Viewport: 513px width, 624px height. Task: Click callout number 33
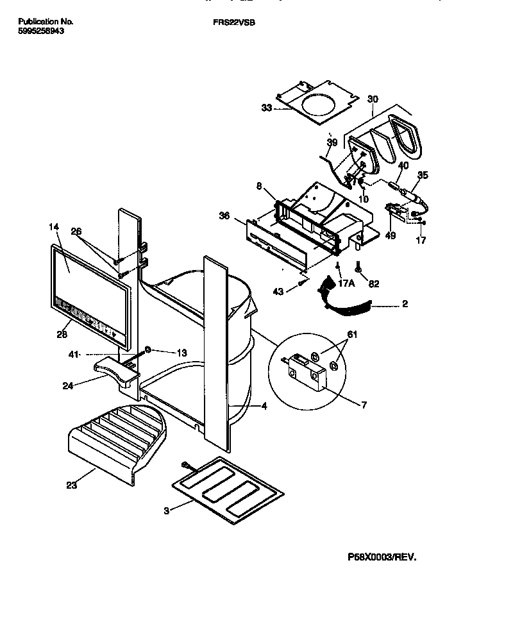[267, 108]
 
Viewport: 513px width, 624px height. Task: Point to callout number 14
[53, 226]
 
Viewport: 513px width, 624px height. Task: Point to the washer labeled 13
[147, 351]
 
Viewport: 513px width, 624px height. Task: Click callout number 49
[391, 236]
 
